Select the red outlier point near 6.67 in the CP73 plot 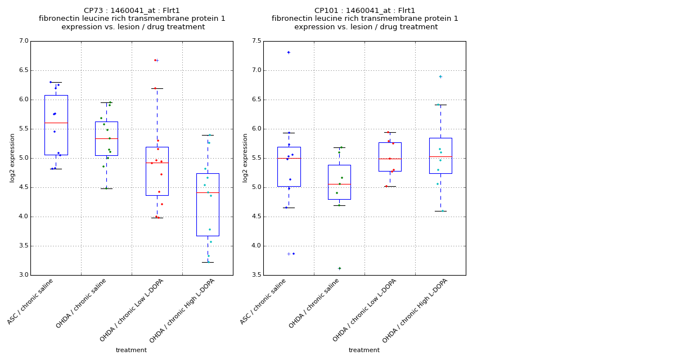click(155, 60)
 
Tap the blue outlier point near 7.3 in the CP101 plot click(289, 52)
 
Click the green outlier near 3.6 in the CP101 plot click(339, 268)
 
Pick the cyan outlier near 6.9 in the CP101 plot click(440, 76)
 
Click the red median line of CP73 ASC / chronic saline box click(56, 123)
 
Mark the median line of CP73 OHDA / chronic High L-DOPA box click(208, 192)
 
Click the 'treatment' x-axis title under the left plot click(131, 350)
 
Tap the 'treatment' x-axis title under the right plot click(364, 350)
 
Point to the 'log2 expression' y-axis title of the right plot click(245, 157)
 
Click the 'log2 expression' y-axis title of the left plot click(12, 157)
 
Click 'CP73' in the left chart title click(93, 11)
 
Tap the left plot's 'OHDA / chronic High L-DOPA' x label click(183, 310)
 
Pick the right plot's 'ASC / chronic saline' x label click(264, 301)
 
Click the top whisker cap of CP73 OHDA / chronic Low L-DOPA click(157, 88)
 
